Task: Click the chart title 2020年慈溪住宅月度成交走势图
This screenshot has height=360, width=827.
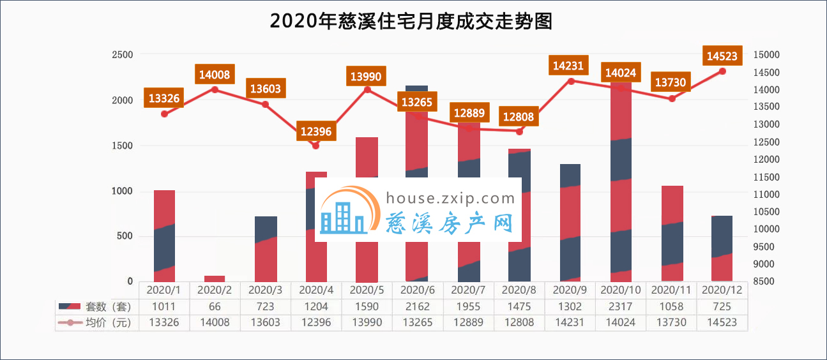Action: click(x=411, y=22)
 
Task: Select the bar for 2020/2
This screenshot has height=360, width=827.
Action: click(x=215, y=278)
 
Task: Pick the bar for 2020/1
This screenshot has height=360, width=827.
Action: click(x=164, y=236)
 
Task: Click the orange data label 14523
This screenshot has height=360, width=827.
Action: click(x=722, y=56)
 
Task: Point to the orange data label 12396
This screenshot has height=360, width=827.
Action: click(x=316, y=132)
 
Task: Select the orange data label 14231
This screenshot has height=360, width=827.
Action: click(x=570, y=66)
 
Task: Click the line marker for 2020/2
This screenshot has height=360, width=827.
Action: click(x=215, y=89)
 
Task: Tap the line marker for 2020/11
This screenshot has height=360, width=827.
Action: click(x=672, y=99)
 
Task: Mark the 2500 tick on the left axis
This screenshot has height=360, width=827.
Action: click(x=123, y=55)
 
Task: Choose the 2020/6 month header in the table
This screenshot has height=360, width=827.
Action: click(x=418, y=290)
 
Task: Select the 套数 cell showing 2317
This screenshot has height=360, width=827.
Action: click(x=621, y=306)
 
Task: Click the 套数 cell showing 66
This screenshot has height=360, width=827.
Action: click(x=215, y=306)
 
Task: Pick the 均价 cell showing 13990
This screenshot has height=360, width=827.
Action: click(x=367, y=322)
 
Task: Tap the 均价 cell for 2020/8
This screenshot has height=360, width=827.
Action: click(x=519, y=322)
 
